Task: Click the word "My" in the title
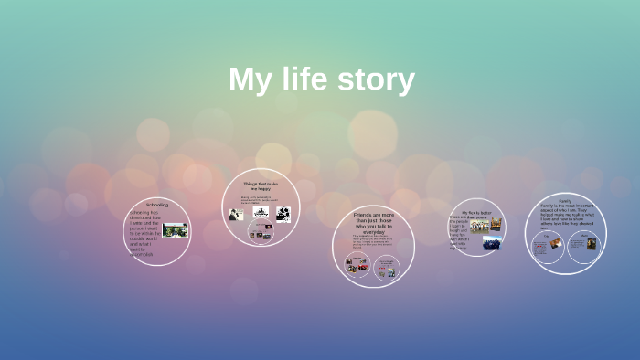(248, 80)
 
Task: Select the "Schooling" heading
(156, 205)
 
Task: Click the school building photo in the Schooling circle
(175, 230)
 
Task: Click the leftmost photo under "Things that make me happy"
(236, 215)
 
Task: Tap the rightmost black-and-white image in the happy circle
(283, 214)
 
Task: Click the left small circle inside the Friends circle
(357, 265)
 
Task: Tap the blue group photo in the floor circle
(492, 244)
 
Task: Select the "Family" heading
(565, 200)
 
